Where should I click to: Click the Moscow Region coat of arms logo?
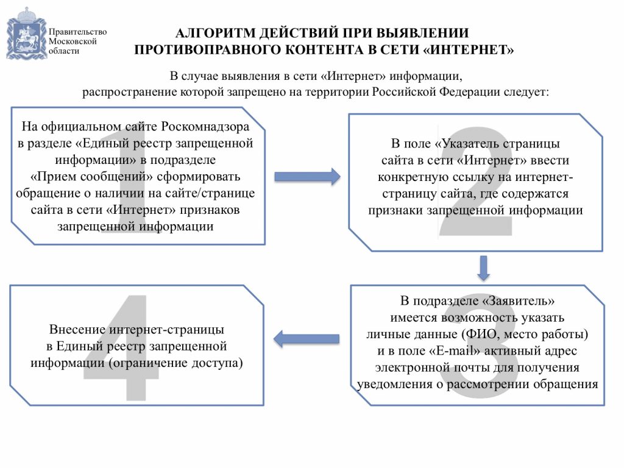click(26, 34)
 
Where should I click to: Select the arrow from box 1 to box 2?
click(307, 176)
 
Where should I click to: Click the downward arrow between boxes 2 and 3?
click(483, 268)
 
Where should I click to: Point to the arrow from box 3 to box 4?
click(306, 339)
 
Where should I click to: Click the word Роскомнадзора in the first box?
click(205, 127)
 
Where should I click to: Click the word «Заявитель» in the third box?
click(518, 300)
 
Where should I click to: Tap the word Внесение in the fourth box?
click(77, 330)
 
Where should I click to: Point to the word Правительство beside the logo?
click(77, 32)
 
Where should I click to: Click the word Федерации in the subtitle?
click(470, 92)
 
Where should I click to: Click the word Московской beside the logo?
click(73, 41)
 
